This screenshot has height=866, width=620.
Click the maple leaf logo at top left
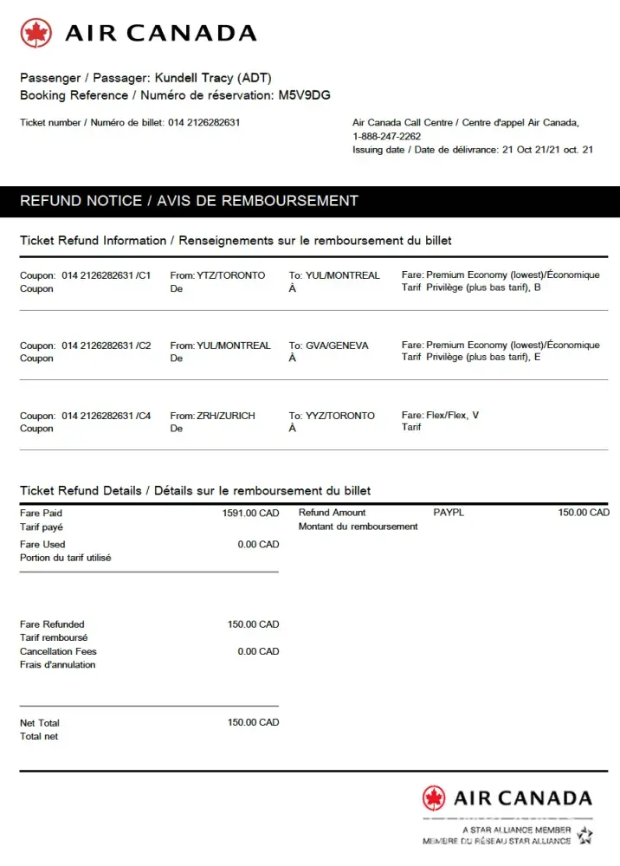pyautogui.click(x=36, y=34)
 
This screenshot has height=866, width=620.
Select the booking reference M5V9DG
pyautogui.click(x=304, y=95)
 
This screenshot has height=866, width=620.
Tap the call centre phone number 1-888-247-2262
pyautogui.click(x=386, y=136)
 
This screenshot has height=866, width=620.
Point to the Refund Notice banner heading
pyautogui.click(x=189, y=201)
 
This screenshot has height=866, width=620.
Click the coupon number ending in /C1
pyautogui.click(x=106, y=275)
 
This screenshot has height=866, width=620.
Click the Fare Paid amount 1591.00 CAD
pyautogui.click(x=250, y=513)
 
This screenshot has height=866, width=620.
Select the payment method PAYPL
pyautogui.click(x=449, y=513)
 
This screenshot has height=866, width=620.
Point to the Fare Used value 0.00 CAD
pyautogui.click(x=258, y=545)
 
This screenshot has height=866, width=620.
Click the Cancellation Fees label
pyautogui.click(x=58, y=651)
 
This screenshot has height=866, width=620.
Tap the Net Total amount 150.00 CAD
pyautogui.click(x=253, y=722)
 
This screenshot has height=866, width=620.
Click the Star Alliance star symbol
pyautogui.click(x=585, y=836)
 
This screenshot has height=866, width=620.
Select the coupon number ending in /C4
pyautogui.click(x=106, y=416)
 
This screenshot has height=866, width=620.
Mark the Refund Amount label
pyautogui.click(x=332, y=513)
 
